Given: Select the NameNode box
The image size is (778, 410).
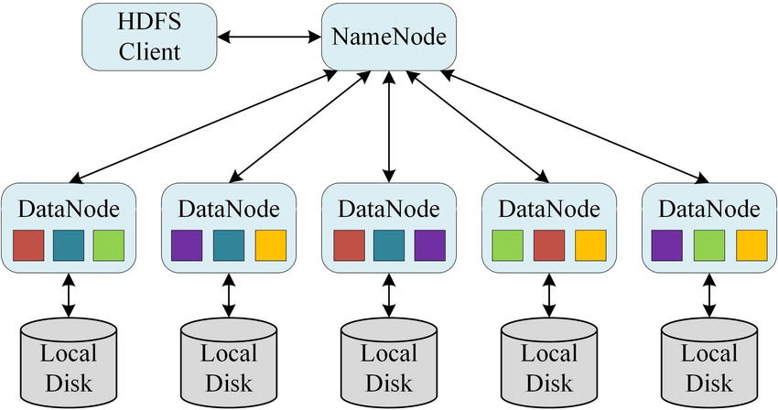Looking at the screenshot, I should click(x=389, y=38).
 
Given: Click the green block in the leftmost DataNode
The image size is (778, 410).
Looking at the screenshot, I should click(x=108, y=245).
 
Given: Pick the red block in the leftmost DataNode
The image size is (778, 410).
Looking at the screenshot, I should click(x=28, y=245).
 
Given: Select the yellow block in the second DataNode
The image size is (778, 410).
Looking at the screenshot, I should click(x=270, y=245).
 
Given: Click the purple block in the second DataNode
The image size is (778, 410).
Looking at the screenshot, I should click(x=188, y=245).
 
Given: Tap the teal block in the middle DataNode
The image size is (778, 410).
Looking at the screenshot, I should click(x=389, y=245).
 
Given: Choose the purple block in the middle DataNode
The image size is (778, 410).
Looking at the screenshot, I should click(x=428, y=245).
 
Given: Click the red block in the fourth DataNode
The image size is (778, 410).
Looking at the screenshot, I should click(x=549, y=245).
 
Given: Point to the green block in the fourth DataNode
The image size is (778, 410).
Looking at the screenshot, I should click(x=508, y=245).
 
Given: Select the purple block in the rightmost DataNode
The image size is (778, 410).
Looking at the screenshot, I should click(x=668, y=245).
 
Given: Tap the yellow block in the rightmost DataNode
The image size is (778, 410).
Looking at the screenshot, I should click(x=751, y=245).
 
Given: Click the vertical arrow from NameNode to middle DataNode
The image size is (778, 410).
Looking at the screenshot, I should click(x=390, y=128).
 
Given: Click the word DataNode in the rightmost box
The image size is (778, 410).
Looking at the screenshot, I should click(x=709, y=208).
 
